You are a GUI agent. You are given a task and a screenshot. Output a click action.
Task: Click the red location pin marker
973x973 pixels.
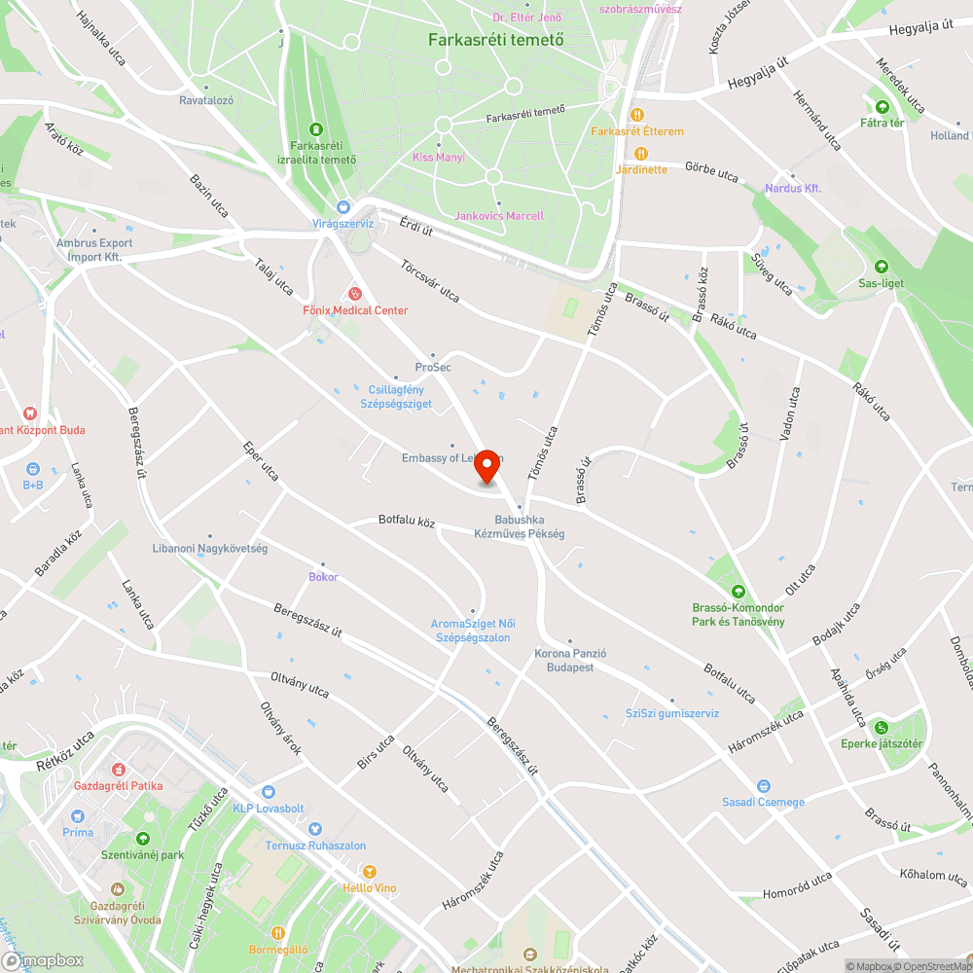point(487,468)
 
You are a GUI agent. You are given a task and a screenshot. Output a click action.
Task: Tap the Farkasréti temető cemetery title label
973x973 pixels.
point(496,40)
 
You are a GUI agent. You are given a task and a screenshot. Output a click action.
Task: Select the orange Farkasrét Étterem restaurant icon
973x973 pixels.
point(638,114)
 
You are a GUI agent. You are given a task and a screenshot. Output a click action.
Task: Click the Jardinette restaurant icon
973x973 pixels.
point(641,153)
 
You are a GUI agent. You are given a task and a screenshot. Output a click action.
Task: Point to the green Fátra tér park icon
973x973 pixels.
point(883,106)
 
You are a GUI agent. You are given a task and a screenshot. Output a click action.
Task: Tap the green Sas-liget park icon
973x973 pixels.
point(882,266)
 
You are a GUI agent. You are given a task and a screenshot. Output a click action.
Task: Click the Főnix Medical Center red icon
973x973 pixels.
point(355,293)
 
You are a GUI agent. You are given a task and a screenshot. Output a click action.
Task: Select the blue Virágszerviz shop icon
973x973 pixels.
point(342,206)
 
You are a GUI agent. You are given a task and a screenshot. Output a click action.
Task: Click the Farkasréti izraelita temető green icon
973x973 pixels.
point(315,128)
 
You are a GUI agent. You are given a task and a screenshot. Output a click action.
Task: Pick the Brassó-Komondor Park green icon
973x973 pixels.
point(739,591)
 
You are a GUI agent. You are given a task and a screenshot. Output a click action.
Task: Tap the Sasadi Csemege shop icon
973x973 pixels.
point(764,785)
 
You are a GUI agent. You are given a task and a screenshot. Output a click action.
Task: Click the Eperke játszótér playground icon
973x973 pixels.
point(882,727)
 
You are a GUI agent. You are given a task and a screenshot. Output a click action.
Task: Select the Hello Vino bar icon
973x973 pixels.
point(369,871)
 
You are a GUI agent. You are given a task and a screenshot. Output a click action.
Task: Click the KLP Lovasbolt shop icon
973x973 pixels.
point(269,792)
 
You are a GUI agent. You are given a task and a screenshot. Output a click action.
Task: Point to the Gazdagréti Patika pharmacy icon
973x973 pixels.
point(122,769)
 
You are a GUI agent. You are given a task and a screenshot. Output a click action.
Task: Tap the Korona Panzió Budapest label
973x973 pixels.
point(570,661)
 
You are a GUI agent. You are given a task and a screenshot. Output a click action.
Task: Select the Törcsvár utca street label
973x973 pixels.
point(429,278)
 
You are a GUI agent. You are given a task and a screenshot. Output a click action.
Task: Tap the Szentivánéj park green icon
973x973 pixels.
point(144,838)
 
